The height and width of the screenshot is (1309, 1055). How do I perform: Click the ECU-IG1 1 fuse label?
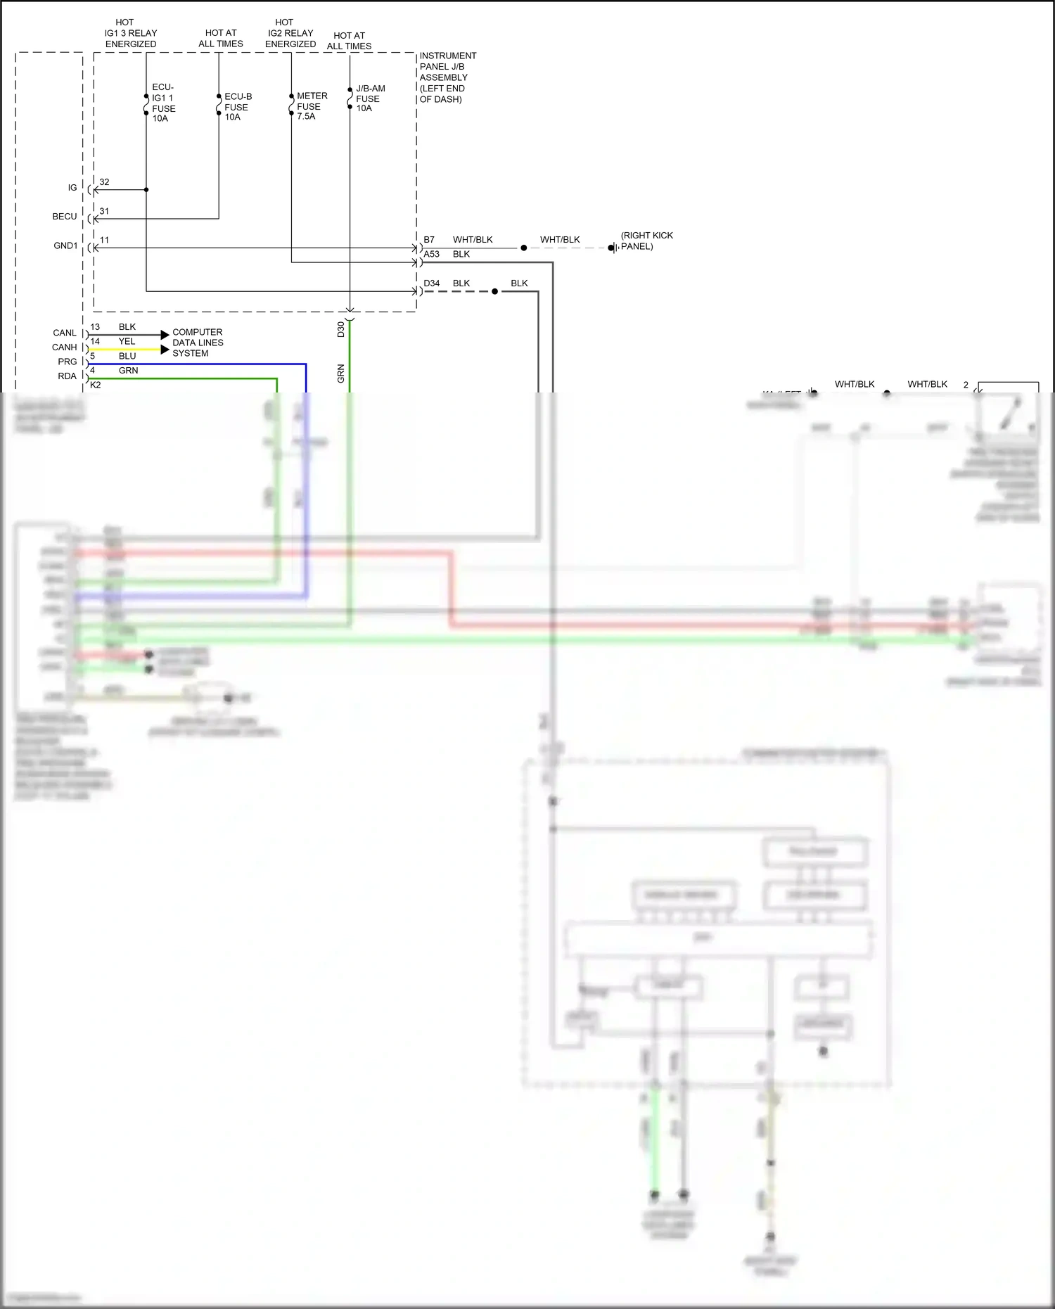pos(163,103)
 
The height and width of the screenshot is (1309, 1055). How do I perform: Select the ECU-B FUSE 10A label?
pos(238,107)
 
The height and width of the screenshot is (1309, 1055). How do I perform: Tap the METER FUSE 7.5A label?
pos(312,106)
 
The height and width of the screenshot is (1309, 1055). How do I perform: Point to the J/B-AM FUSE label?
pos(370,98)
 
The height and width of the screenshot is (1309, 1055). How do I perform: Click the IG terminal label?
pos(72,188)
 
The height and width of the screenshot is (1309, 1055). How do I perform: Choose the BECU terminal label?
pos(65,217)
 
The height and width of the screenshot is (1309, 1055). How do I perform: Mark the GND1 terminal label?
pos(65,245)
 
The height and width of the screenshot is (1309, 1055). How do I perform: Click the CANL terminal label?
pos(65,333)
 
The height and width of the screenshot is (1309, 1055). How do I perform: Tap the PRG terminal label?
pos(68,362)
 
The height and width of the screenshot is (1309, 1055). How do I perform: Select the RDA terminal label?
pos(67,376)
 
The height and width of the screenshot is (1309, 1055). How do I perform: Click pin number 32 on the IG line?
pos(104,182)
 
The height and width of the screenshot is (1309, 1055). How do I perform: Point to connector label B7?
pos(429,240)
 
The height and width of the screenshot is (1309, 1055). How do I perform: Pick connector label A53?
pos(431,255)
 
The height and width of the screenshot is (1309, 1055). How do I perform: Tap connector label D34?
pos(431,283)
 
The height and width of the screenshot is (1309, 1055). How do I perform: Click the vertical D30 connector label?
pos(341,329)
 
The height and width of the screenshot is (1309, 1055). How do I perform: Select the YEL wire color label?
pos(127,342)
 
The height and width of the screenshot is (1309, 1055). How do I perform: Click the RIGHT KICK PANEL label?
pos(646,241)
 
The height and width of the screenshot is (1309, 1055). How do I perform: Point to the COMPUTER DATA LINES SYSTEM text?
pos(198,343)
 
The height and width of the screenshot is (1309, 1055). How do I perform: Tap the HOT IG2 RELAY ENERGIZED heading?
pos(290,33)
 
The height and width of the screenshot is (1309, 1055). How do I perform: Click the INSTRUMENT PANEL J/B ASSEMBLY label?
pos(447,77)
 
